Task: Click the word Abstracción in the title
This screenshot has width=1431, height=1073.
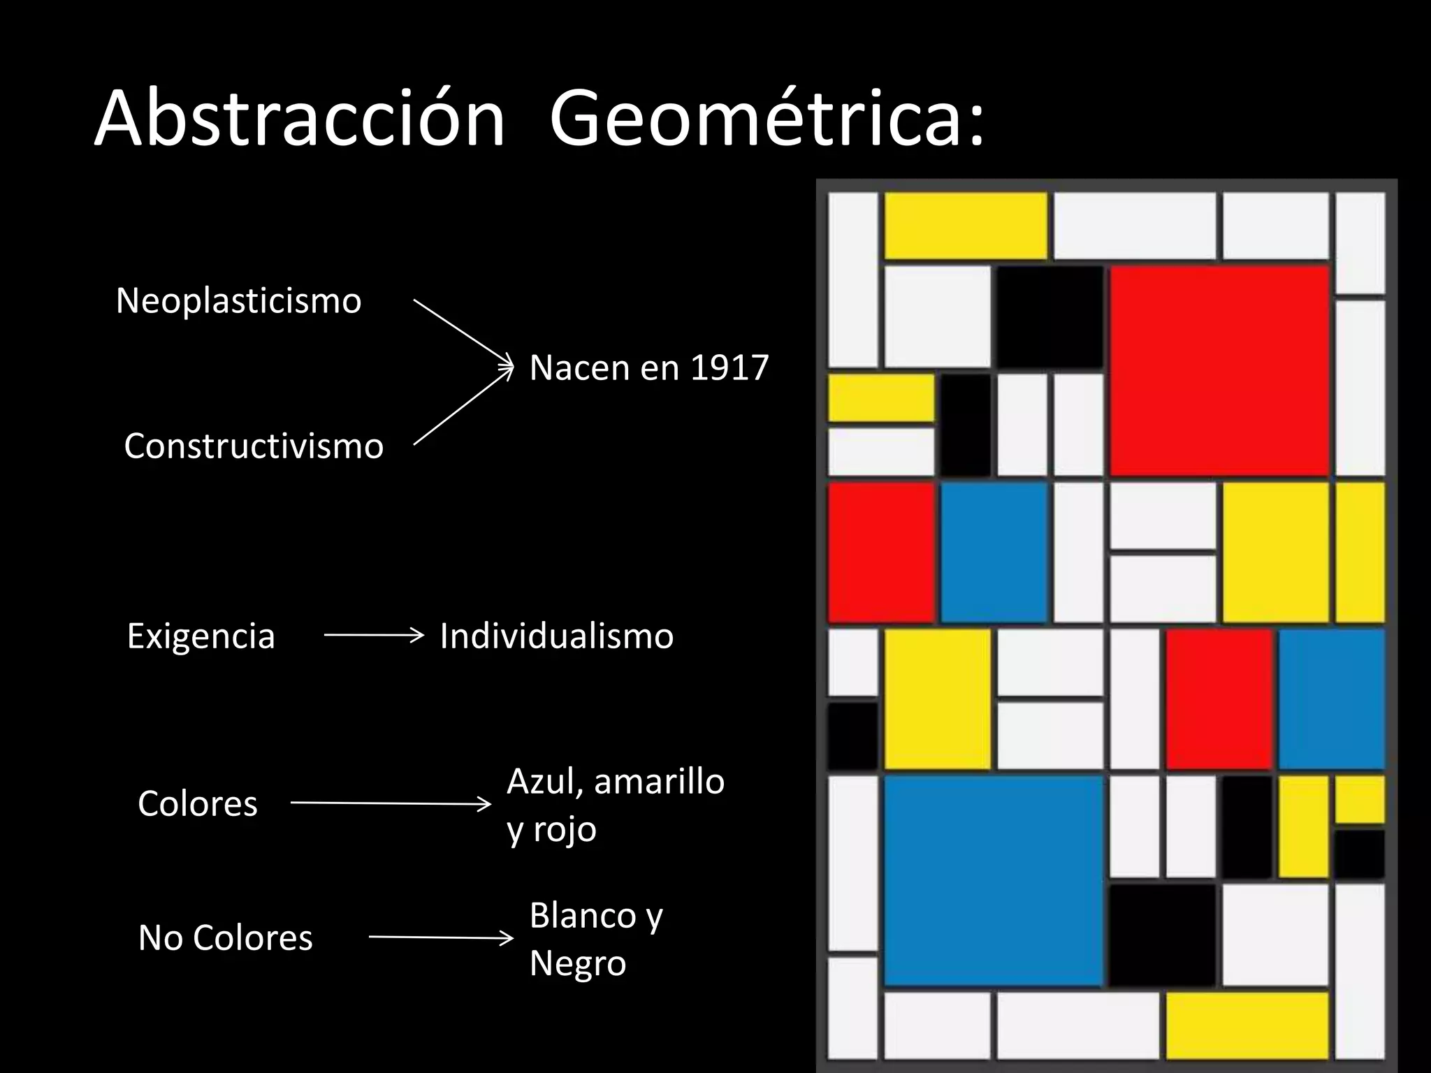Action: tap(299, 119)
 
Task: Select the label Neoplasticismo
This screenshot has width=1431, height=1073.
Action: tap(238, 301)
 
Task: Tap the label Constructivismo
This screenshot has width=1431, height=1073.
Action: tap(254, 446)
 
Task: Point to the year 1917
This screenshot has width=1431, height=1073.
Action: tap(729, 368)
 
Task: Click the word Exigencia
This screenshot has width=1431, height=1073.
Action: tap(201, 636)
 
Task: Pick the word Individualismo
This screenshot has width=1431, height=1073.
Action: tap(557, 636)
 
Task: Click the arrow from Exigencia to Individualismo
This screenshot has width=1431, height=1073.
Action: tap(374, 635)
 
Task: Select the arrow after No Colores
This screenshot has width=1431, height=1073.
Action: tap(441, 937)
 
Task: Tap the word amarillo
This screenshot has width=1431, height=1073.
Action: tap(659, 782)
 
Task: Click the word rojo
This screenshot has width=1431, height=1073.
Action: tap(565, 830)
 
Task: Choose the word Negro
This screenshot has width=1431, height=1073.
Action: tap(578, 963)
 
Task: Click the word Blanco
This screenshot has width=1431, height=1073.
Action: tap(583, 916)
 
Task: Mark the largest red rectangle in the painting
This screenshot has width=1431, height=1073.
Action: tap(1219, 372)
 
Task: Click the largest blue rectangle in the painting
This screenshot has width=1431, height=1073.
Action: tap(993, 880)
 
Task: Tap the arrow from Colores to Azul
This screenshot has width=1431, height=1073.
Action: tap(391, 804)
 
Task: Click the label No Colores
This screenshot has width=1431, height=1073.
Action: tap(226, 938)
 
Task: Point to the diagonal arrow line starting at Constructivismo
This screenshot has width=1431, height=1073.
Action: tap(461, 407)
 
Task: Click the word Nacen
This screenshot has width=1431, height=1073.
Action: tap(578, 368)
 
